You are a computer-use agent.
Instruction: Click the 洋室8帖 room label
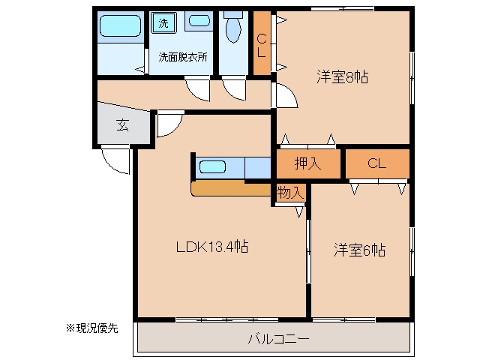point(342,76)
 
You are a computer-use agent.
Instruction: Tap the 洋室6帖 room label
point(359,250)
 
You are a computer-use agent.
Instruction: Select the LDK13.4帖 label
point(212,247)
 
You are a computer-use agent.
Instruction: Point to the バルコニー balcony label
point(278,339)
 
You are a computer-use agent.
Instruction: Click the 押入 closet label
point(307,163)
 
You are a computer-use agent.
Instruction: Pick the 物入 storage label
point(290,193)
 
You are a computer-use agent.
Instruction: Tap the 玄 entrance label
point(123,125)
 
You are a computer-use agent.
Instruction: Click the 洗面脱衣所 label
point(183,57)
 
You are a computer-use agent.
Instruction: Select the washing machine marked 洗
point(163,22)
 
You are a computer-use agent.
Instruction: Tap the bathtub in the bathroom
point(120,26)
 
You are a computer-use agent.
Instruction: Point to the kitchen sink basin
point(212,167)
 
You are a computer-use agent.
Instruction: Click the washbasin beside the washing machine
point(199,21)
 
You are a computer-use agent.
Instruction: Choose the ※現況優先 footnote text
point(91,328)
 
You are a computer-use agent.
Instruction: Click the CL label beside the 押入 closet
point(376,163)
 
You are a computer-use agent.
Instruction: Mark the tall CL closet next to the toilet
point(262,43)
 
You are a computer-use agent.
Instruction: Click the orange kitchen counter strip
point(231,188)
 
